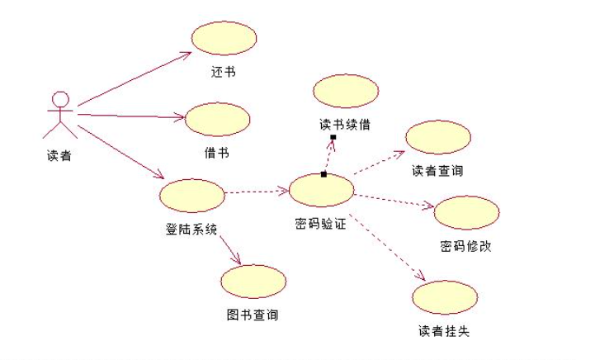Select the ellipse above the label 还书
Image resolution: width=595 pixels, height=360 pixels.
(224, 39)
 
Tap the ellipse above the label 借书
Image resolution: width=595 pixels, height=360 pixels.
(217, 120)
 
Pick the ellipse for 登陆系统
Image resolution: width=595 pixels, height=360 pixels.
(192, 196)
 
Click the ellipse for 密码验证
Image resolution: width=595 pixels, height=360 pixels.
(321, 191)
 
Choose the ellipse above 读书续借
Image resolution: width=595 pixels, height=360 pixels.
(345, 91)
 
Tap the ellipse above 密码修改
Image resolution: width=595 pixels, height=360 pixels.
(466, 213)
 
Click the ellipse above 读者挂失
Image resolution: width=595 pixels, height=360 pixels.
(445, 297)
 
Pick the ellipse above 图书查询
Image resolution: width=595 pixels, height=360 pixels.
(253, 282)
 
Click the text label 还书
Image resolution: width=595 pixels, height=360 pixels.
(223, 72)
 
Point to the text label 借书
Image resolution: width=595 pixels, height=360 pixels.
(217, 153)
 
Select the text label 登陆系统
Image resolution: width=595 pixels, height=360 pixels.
(191, 229)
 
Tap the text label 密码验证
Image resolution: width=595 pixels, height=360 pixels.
(320, 223)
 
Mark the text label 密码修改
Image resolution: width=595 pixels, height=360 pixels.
(466, 246)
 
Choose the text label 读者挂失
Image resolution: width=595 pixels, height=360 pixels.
(444, 331)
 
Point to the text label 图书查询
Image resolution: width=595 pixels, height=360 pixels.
(253, 315)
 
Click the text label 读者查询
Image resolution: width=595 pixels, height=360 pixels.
(437, 171)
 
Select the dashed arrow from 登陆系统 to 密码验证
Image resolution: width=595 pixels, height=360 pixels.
(257, 193)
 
